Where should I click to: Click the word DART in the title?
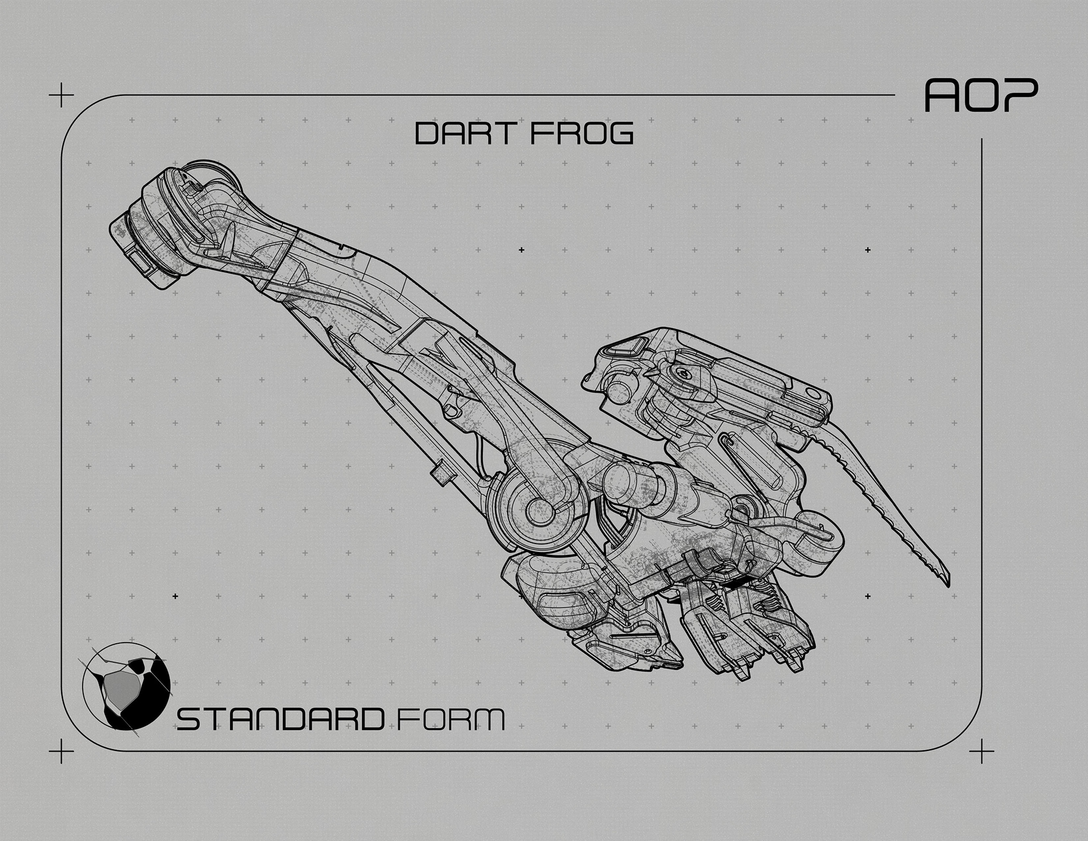(465, 134)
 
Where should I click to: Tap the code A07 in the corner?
(981, 95)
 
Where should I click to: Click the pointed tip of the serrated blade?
(948, 585)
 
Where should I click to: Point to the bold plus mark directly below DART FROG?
(521, 250)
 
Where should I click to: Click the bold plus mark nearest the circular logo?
(175, 596)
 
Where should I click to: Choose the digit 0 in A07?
(980, 95)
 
